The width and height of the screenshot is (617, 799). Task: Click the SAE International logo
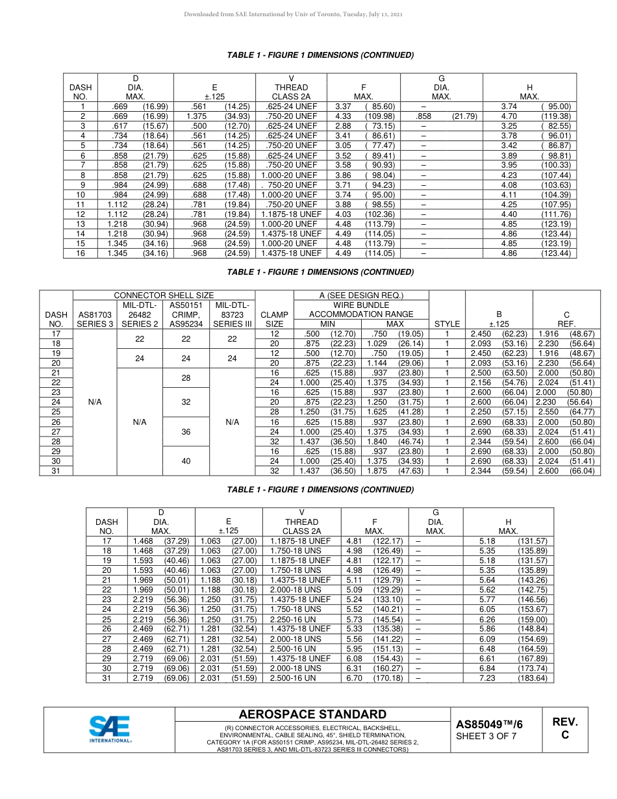click(110, 729)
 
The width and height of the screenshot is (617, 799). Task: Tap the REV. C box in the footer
click(564, 728)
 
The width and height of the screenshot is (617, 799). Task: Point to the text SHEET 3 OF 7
click(486, 736)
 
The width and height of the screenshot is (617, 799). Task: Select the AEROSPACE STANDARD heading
click(312, 715)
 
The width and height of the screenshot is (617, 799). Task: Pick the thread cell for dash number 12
click(292, 214)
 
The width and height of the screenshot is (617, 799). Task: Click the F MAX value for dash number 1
click(364, 106)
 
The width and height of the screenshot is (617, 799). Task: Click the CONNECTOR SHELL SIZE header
click(164, 296)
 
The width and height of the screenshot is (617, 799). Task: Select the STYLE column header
click(447, 323)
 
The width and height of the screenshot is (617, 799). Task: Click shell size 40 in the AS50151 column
click(186, 461)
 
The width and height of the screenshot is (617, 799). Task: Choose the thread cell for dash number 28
click(301, 648)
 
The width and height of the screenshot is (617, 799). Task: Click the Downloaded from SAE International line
click(303, 14)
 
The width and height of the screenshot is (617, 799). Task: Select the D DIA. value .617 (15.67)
click(139, 125)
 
